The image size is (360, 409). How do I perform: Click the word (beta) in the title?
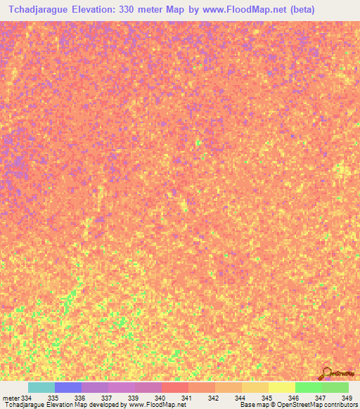point(300,10)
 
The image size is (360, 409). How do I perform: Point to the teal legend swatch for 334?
point(41,387)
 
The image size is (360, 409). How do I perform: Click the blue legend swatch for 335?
point(68,387)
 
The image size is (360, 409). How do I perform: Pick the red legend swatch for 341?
point(175,387)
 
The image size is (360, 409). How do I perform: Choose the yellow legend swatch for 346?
point(282,387)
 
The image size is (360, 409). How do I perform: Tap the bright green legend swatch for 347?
point(309,387)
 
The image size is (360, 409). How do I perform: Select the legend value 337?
point(106,398)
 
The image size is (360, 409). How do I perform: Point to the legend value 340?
point(160,398)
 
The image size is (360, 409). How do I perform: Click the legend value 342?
point(213,398)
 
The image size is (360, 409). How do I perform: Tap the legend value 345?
point(266,398)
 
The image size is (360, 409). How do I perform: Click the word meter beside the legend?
point(10,398)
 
